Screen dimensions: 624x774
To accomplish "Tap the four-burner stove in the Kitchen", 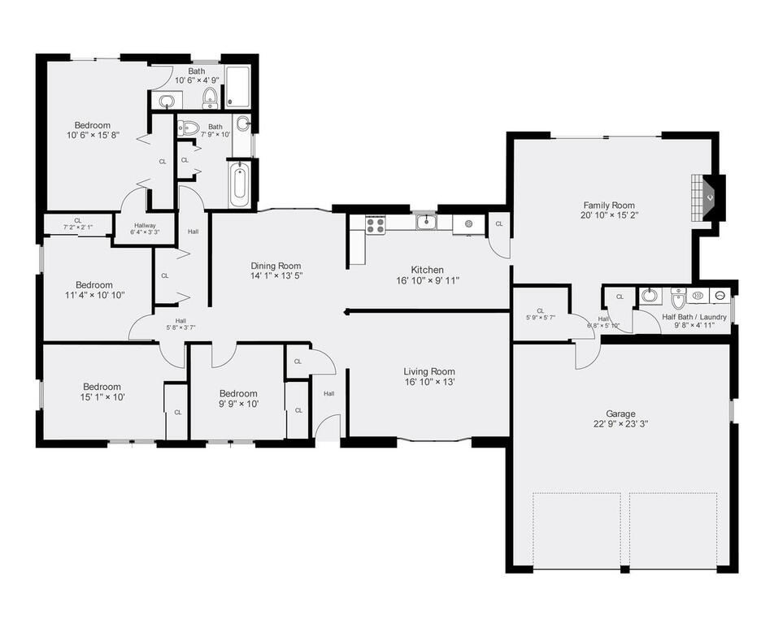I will (x=375, y=225).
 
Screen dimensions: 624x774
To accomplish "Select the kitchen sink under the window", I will (x=426, y=222).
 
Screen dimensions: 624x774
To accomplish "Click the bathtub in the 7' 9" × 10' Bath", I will (x=239, y=185).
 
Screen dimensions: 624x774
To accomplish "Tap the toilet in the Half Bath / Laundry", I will (x=679, y=299).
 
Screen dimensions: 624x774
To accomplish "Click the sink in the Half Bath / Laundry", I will (x=648, y=295).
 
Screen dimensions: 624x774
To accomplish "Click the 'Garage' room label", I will (x=620, y=414).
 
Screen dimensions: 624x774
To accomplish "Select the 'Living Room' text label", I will (x=429, y=372).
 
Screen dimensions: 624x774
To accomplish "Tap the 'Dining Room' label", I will (x=276, y=266).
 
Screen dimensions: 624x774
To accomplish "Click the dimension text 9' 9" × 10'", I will (x=238, y=404).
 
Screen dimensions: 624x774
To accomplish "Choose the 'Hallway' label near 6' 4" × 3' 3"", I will (x=140, y=226).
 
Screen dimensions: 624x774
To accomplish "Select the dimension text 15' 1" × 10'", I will (x=102, y=397).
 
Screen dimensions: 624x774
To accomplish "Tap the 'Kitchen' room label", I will (x=427, y=270).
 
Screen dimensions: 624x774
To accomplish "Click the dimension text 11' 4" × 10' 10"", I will (x=94, y=296).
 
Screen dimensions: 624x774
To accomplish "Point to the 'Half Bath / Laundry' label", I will (x=694, y=317).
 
